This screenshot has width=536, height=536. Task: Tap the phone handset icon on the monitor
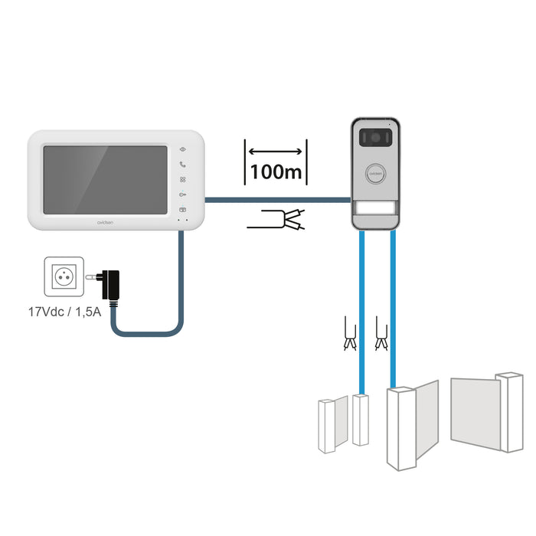coord(182,164)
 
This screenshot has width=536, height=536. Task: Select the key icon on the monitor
coord(182,194)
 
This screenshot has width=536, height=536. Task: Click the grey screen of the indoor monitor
coord(105,180)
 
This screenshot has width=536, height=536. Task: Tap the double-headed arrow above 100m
coord(276,151)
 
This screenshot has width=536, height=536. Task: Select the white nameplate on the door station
coord(376,210)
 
